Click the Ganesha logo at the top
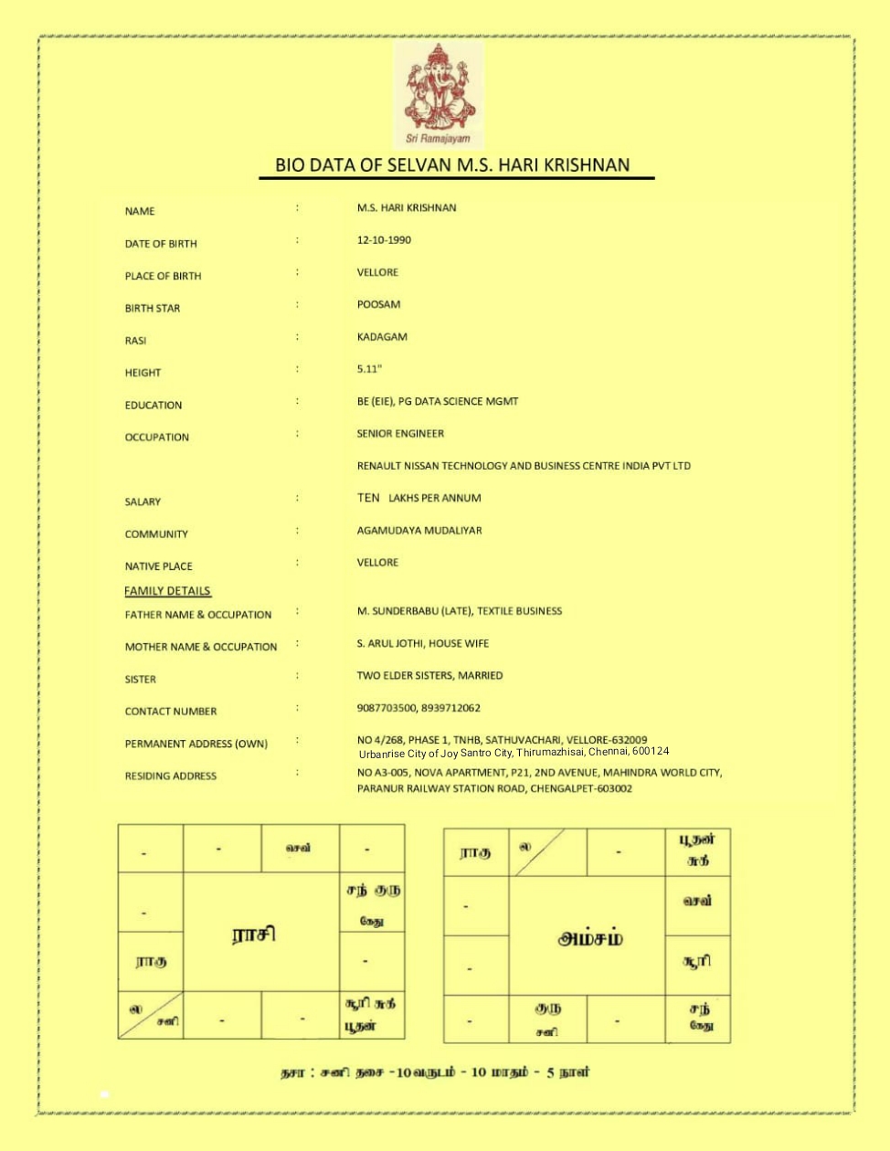(x=439, y=94)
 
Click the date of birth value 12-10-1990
(x=384, y=240)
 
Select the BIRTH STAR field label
(x=153, y=309)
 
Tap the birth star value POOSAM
(x=378, y=305)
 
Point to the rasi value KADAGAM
(x=382, y=337)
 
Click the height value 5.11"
(x=369, y=369)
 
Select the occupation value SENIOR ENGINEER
(x=400, y=434)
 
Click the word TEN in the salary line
(x=368, y=498)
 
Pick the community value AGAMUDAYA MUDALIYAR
(x=419, y=531)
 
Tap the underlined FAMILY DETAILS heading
(x=167, y=591)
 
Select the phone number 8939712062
(x=450, y=708)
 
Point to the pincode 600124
(x=650, y=751)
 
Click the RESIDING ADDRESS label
(x=171, y=776)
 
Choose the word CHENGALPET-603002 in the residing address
(x=581, y=788)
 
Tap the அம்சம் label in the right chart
(x=590, y=938)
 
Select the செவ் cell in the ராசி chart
(x=299, y=848)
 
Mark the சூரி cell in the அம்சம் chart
(x=696, y=961)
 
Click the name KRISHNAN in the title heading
(x=587, y=165)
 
